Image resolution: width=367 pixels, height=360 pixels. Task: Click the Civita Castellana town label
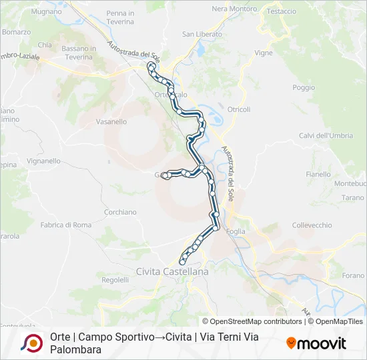[171, 272]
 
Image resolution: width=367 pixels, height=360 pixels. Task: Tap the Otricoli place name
[238, 109]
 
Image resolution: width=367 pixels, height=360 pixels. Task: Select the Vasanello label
[111, 122]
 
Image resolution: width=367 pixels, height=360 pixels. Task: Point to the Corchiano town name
[120, 212]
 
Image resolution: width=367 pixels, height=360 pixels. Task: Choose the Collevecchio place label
[312, 225]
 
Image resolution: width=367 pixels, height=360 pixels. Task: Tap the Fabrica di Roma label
[66, 225]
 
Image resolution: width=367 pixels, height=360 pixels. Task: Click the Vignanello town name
[45, 161]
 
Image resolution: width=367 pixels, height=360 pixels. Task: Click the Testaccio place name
[281, 11]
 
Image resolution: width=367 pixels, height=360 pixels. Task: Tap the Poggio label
[303, 87]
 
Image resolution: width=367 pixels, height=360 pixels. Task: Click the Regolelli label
[115, 280]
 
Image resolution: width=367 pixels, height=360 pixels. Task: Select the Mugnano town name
[46, 12]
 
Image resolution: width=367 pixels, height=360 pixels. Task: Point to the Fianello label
[318, 175]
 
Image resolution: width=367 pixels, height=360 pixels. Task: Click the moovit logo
[316, 343]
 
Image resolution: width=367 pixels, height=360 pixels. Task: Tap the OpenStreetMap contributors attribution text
[253, 321]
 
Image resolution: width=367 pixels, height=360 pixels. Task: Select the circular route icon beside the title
[31, 343]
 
